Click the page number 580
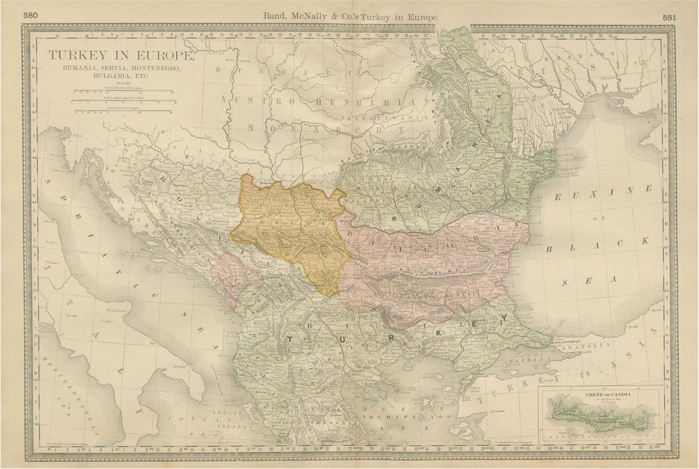(x=31, y=15)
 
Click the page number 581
(x=668, y=15)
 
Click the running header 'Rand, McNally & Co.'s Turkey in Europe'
(x=349, y=15)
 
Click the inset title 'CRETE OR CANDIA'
(x=602, y=395)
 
